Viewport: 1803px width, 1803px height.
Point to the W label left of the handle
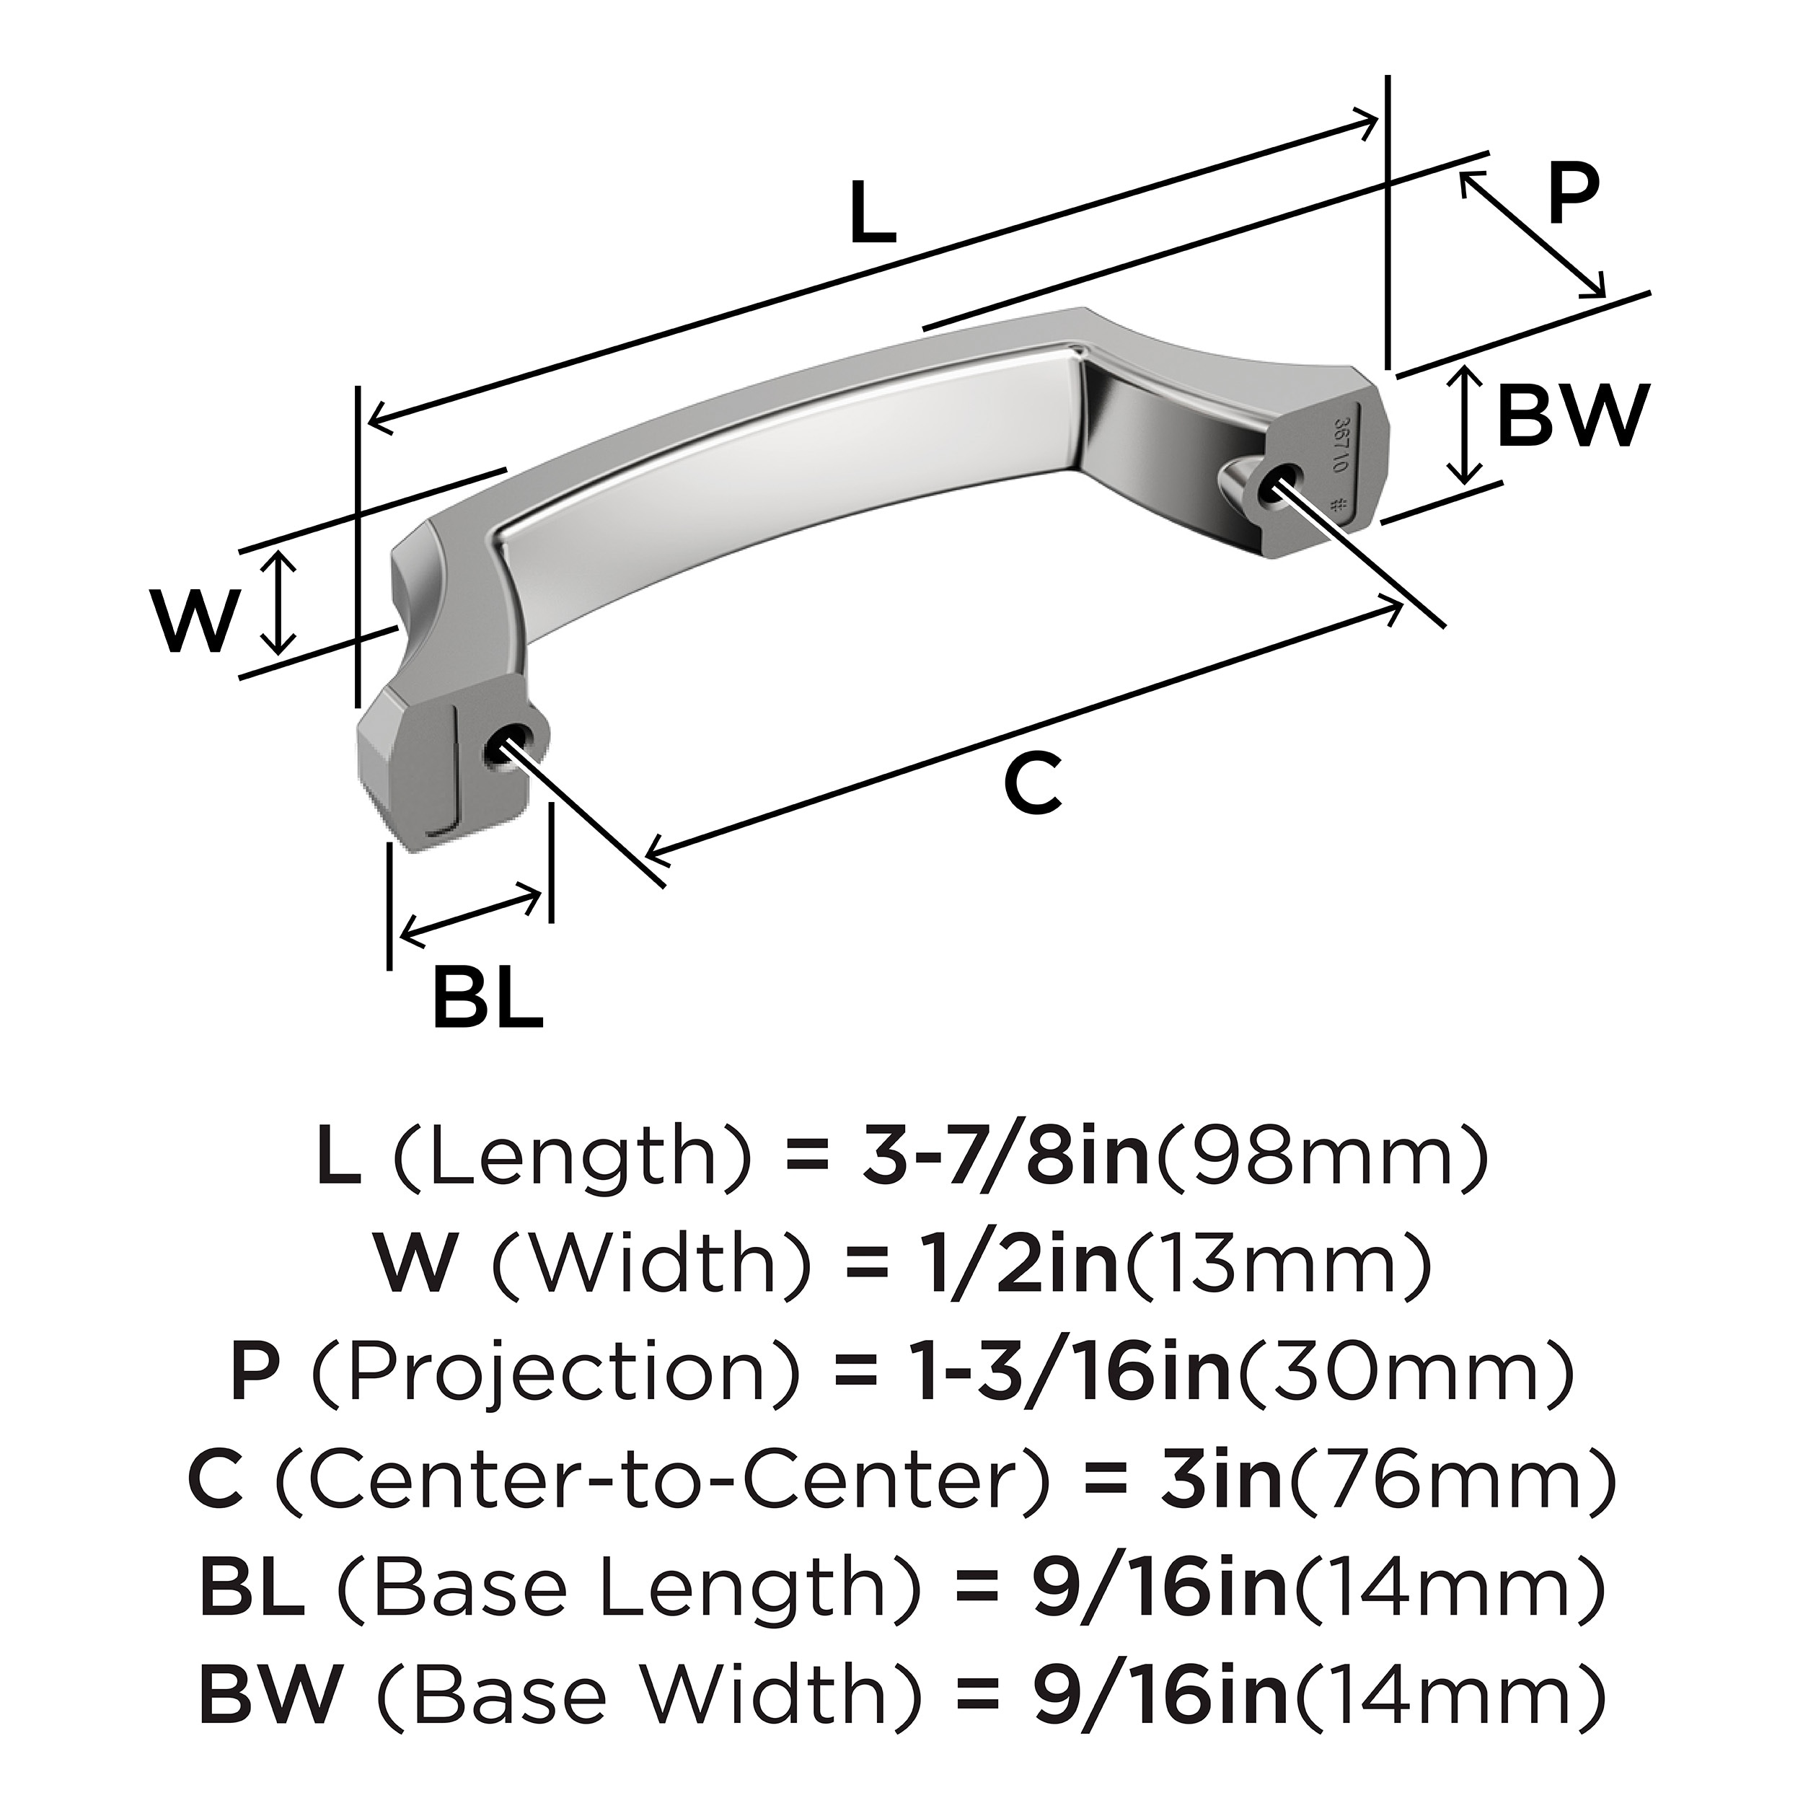click(195, 622)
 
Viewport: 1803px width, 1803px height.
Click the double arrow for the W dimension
click(278, 602)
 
